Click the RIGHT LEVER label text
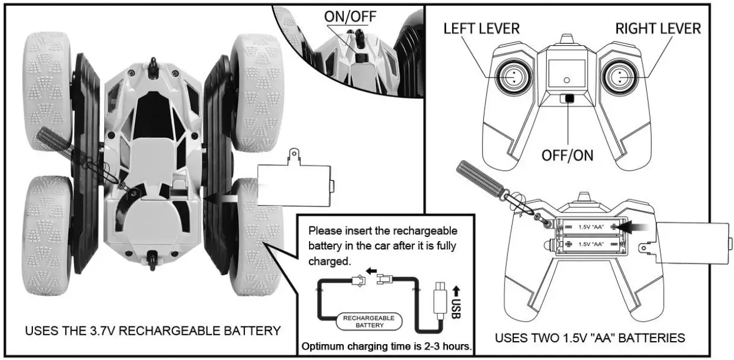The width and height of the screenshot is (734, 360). pos(658,28)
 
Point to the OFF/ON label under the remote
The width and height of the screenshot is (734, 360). pos(567,155)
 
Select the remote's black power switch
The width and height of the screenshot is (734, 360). pos(567,99)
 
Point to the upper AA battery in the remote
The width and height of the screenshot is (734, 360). pos(591,226)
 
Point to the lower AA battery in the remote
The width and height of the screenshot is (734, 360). pos(591,243)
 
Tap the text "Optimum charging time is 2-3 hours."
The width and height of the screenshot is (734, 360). pos(387,346)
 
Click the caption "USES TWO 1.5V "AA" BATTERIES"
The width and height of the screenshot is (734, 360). pos(590,338)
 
